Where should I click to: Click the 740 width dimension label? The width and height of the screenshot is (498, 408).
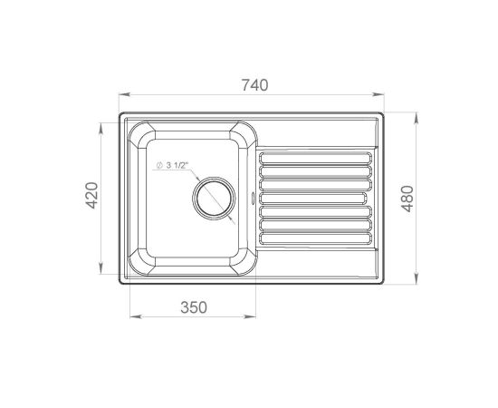point(255,85)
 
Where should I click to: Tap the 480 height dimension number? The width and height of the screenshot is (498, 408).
point(407,199)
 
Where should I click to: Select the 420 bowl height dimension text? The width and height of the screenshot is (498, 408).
point(92,195)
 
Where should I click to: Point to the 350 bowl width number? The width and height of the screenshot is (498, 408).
point(194,307)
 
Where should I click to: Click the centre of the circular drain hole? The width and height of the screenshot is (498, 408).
point(215,199)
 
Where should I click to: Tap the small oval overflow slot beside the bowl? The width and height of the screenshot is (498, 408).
point(254,199)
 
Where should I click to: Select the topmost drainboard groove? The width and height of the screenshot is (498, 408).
point(316,158)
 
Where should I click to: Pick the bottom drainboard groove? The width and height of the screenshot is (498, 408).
point(316,238)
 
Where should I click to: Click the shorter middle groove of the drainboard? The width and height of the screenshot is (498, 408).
point(313,199)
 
